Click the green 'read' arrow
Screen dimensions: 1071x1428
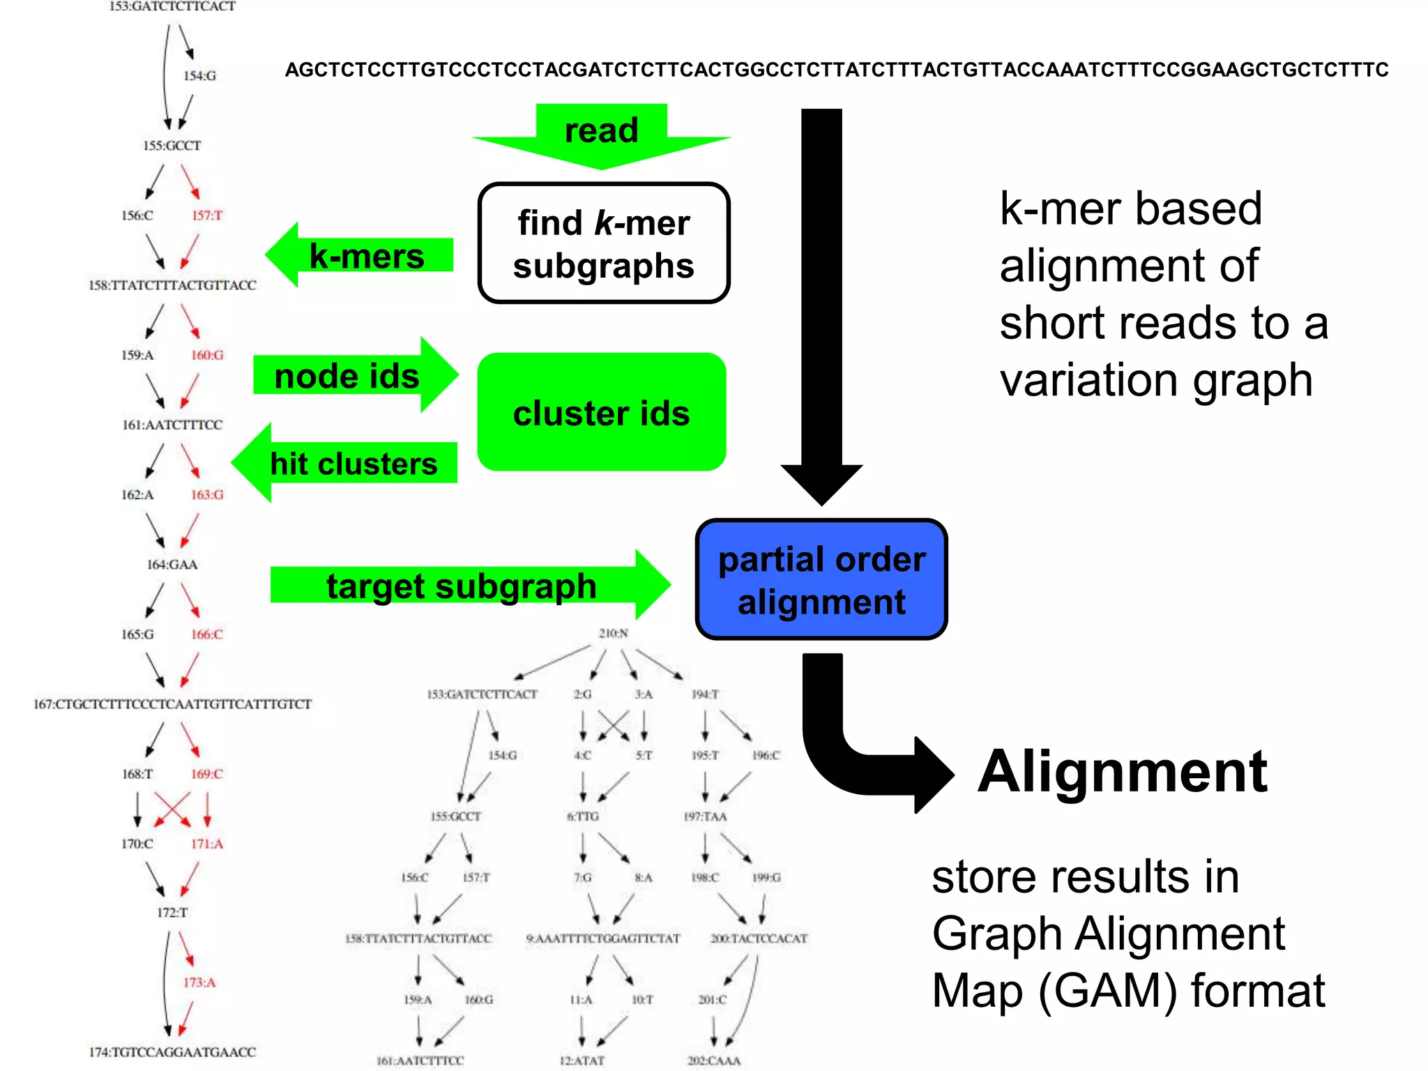point(601,135)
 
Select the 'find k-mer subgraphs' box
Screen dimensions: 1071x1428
point(603,243)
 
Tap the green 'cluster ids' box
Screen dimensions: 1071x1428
point(601,412)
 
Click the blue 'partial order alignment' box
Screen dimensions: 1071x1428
point(821,579)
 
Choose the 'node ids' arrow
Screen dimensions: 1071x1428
point(352,376)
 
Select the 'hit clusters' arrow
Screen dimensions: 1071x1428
point(349,463)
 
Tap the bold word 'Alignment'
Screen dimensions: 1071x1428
point(1122,772)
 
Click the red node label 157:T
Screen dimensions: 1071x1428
point(207,215)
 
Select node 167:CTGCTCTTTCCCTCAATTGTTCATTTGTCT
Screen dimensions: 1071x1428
point(172,704)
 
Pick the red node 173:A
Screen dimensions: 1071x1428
point(199,982)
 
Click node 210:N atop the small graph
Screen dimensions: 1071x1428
point(613,633)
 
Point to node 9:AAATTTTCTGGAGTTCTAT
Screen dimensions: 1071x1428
point(602,939)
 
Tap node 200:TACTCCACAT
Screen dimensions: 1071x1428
point(759,939)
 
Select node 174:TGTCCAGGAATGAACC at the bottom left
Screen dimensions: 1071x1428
point(172,1051)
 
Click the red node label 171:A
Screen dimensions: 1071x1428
point(207,844)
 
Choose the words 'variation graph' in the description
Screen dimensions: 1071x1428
point(1155,381)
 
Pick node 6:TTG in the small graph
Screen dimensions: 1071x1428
point(583,816)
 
